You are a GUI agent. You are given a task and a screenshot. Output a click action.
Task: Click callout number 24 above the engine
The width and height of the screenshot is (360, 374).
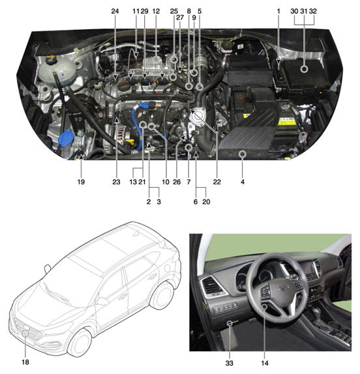click(115, 11)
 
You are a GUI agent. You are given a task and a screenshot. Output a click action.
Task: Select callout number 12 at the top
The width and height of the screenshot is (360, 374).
click(156, 11)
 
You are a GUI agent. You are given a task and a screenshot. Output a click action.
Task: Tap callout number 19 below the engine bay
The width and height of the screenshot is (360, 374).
click(81, 182)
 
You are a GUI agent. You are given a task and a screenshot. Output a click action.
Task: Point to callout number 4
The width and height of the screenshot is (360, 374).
click(243, 182)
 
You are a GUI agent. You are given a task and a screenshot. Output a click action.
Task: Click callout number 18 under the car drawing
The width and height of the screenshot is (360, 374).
click(25, 362)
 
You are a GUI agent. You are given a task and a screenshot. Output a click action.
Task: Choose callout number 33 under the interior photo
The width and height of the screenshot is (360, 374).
click(229, 363)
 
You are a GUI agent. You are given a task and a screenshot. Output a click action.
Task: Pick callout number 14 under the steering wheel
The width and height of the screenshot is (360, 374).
click(265, 363)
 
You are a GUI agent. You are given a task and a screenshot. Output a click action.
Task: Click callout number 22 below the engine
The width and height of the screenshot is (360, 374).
click(217, 182)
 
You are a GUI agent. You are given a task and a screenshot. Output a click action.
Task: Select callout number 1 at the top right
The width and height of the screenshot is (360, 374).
click(278, 11)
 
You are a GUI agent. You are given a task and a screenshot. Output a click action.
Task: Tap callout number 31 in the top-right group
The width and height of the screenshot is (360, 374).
click(304, 11)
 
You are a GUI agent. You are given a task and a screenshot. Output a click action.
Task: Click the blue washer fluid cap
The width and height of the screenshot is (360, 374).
click(66, 137)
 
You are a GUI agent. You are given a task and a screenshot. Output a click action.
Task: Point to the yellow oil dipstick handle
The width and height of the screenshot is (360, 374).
click(130, 142)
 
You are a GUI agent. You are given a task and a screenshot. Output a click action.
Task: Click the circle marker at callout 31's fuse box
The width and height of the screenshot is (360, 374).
click(304, 69)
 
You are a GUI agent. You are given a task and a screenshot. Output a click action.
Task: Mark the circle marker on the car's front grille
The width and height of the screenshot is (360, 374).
click(25, 334)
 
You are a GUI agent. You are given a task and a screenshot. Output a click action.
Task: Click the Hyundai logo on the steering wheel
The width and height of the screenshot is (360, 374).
click(283, 288)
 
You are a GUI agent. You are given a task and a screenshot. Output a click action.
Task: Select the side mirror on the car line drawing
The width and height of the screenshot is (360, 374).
click(102, 301)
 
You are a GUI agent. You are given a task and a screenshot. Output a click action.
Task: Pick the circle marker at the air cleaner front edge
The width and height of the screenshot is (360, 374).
click(243, 154)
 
